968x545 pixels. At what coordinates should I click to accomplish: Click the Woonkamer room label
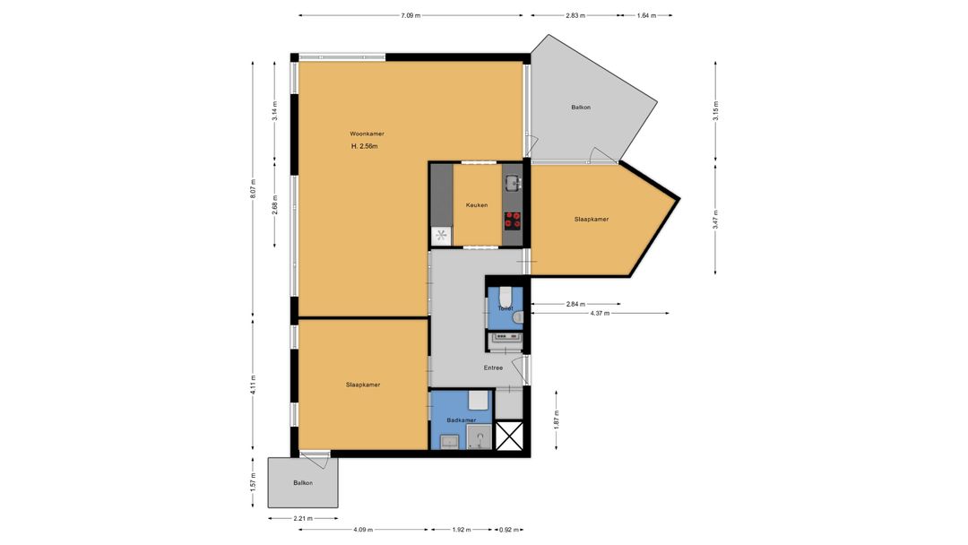coord(367,134)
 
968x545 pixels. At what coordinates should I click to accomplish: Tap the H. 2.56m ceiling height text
coord(364,146)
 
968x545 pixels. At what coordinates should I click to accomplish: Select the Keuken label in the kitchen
coord(477,205)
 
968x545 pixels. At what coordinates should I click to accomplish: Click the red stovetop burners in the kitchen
coord(513,220)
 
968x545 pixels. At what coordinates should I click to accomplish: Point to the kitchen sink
coord(513,183)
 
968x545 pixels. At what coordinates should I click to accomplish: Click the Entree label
coord(493,368)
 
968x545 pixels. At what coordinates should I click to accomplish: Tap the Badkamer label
coord(462,420)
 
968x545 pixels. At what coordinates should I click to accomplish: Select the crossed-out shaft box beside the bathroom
coord(509,436)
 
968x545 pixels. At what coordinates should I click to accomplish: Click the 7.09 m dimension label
coord(411,15)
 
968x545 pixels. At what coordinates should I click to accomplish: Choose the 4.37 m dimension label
coord(600,314)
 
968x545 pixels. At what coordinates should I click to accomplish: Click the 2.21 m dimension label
coord(303,518)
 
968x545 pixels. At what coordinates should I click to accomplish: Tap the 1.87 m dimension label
coord(557,420)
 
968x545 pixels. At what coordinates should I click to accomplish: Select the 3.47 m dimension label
coord(715,219)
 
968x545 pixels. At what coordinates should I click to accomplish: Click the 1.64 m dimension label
coord(646,15)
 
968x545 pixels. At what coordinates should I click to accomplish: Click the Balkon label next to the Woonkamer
coord(581,108)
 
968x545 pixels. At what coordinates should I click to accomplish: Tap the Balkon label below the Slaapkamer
coord(303,483)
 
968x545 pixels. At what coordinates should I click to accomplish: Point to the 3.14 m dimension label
coord(275,111)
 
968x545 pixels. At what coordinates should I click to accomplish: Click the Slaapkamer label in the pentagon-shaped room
coord(592,219)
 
